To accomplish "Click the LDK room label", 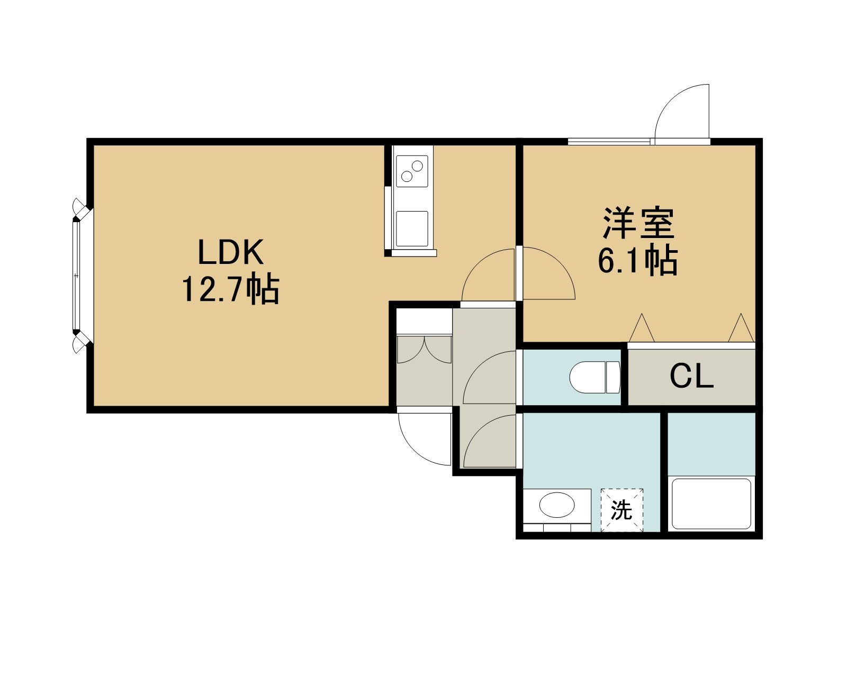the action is [x=231, y=252].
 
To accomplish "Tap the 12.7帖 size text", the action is [x=231, y=289].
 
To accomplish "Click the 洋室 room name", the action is [x=639, y=223].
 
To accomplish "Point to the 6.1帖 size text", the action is [x=638, y=260].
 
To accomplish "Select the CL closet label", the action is [x=691, y=377].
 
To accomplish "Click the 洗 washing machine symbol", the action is [x=622, y=510].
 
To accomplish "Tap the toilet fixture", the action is [x=594, y=377].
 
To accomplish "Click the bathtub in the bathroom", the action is [x=711, y=504].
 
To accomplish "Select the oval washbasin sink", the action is [x=557, y=505].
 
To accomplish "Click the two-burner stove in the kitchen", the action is [x=412, y=171].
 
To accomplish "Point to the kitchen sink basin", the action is [x=412, y=229].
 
